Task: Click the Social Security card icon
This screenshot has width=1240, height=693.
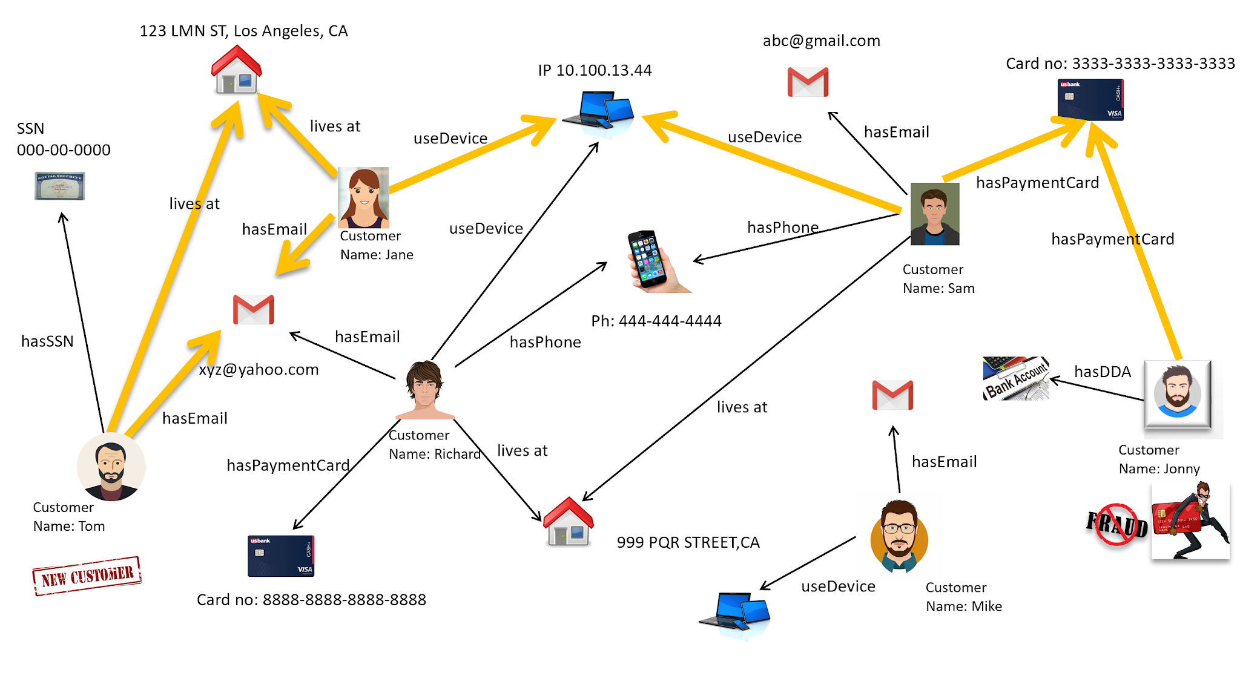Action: point(59,186)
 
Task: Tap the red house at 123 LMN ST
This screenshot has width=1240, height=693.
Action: point(236,70)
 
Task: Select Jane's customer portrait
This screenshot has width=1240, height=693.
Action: point(363,197)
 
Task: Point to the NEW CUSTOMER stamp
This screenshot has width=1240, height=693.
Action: point(87,576)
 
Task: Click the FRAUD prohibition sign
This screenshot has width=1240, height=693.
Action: point(1117,524)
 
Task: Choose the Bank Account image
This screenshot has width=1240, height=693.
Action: point(1015,378)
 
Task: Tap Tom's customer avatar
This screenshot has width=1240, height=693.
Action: point(111,467)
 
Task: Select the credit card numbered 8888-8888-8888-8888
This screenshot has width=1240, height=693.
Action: point(281,556)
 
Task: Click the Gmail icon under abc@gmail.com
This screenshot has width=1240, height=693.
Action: point(808,82)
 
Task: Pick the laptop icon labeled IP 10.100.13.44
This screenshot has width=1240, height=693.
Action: point(599,111)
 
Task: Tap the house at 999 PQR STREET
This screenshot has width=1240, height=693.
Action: point(568,522)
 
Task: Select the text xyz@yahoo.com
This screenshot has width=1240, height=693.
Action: point(259,369)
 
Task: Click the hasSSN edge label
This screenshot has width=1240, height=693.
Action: point(47,341)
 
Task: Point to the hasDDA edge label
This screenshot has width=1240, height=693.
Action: point(1102,372)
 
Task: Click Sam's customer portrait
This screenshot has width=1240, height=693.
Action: point(934,214)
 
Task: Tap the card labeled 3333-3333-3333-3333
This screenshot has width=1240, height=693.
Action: point(1090,100)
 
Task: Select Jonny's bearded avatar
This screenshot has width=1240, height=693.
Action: point(1177,395)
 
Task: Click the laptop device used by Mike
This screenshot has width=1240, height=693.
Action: point(735,613)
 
